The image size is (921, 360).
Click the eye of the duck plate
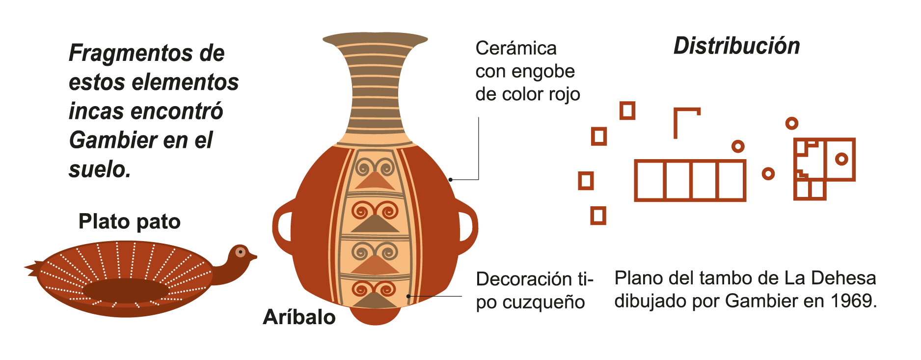pyautogui.click(x=240, y=252)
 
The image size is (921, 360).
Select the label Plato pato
pyautogui.click(x=130, y=222)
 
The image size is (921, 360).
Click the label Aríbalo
pyautogui.click(x=299, y=317)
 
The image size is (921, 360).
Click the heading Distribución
pyautogui.click(x=736, y=46)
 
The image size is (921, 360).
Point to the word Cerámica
pyautogui.click(x=516, y=49)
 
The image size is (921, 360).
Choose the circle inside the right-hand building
pyautogui.click(x=841, y=159)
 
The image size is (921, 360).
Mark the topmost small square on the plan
pyautogui.click(x=627, y=111)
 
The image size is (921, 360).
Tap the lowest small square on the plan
pyautogui.click(x=597, y=215)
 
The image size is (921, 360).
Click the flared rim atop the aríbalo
pyautogui.click(x=375, y=39)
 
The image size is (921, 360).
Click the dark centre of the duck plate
pyautogui.click(x=126, y=290)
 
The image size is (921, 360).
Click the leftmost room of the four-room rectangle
pyautogui.click(x=649, y=180)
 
